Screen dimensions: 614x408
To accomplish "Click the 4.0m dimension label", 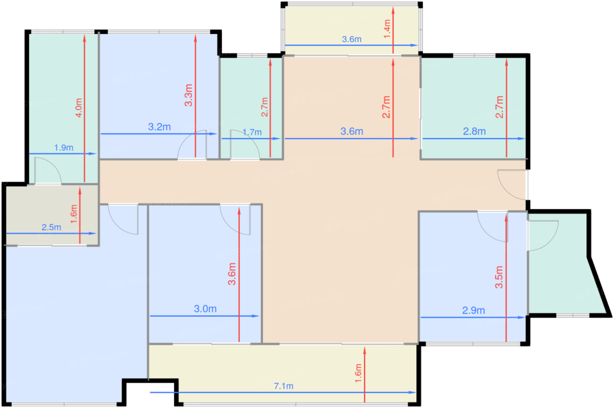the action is pyautogui.click(x=79, y=108).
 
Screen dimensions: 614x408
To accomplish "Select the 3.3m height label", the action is pyautogui.click(x=189, y=95).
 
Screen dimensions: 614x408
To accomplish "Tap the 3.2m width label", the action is pyautogui.click(x=159, y=127).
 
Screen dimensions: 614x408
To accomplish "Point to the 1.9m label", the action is pyautogui.click(x=64, y=148).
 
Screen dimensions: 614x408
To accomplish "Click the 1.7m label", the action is pyautogui.click(x=252, y=132).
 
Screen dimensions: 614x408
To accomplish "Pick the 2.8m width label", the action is pyautogui.click(x=474, y=131).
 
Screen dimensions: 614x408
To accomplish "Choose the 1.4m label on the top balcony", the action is pyautogui.click(x=387, y=29).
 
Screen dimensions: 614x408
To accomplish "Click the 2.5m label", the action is pyautogui.click(x=51, y=227).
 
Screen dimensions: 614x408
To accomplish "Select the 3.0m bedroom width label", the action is pyautogui.click(x=205, y=309).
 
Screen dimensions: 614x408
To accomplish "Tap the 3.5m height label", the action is pyautogui.click(x=499, y=277).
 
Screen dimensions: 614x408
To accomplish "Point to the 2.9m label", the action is pyautogui.click(x=473, y=311).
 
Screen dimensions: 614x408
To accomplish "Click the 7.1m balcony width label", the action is pyautogui.click(x=283, y=387).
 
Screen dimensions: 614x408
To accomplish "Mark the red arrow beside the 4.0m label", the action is pyautogui.click(x=84, y=108).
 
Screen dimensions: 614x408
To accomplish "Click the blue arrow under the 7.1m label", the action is pyautogui.click(x=283, y=392).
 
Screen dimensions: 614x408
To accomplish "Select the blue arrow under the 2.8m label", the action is pyautogui.click(x=474, y=139).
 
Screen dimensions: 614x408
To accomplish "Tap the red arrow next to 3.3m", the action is pyautogui.click(x=196, y=96).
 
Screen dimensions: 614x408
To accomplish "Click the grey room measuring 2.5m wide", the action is pyautogui.click(x=52, y=215).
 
